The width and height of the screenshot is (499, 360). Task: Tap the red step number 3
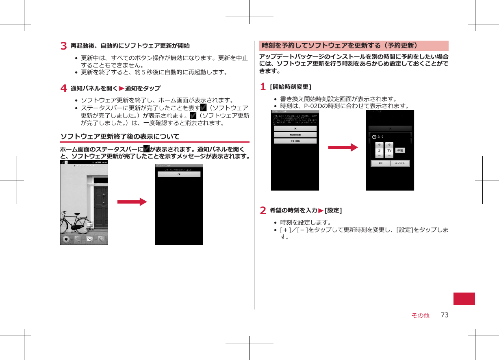click(x=64, y=46)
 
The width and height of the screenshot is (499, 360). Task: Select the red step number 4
click(x=64, y=88)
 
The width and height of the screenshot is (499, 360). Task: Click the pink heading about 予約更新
click(x=354, y=46)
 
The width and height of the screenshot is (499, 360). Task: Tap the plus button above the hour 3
click(x=379, y=145)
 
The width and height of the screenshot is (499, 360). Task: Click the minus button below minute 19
click(x=389, y=156)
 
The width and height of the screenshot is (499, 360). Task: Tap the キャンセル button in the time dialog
click(x=400, y=163)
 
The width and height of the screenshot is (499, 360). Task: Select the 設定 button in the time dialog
click(x=380, y=163)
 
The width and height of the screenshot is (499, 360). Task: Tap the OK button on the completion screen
click(x=179, y=174)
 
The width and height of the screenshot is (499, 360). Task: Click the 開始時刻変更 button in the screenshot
click(x=295, y=134)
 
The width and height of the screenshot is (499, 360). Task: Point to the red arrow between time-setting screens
click(x=343, y=147)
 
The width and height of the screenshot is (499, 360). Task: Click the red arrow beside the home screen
click(x=132, y=202)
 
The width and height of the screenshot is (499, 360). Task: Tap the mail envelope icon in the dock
click(x=90, y=239)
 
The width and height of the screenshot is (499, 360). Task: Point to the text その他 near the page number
click(x=420, y=315)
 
